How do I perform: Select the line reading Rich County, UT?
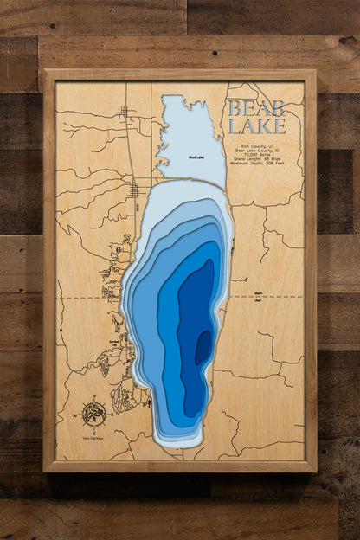coord(260,142)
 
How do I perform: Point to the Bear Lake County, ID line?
coord(260,147)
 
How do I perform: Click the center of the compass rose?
coord(94,409)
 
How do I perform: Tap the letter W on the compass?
coord(81,410)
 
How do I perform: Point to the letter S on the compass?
coord(94,424)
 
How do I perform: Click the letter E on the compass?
coord(108,410)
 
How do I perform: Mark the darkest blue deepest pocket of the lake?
coord(202,348)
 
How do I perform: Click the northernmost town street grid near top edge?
coord(126,112)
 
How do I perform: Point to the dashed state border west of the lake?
coord(87,297)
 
